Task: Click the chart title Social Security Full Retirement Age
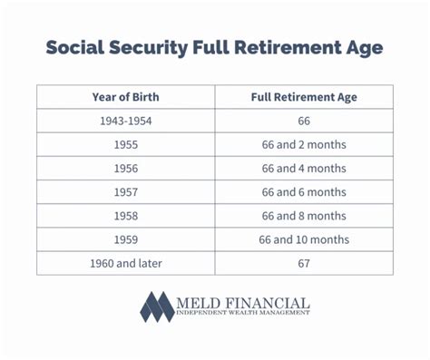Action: click(215, 47)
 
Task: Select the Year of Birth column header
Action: click(126, 97)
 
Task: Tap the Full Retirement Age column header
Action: click(304, 97)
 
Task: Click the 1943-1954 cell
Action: click(126, 121)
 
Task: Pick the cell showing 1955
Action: click(126, 144)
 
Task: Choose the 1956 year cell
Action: click(126, 168)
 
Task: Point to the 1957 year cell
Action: click(126, 191)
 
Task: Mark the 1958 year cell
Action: click(126, 215)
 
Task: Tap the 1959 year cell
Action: click(126, 238)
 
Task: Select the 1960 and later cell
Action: click(126, 262)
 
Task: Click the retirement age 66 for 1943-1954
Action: click(304, 121)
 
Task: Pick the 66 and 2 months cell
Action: click(304, 144)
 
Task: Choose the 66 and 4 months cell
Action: click(304, 168)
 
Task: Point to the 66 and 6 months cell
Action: click(304, 191)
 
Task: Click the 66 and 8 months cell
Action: click(304, 215)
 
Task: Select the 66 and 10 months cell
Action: click(304, 238)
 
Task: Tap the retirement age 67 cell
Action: click(304, 262)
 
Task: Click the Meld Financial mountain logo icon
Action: click(157, 306)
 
